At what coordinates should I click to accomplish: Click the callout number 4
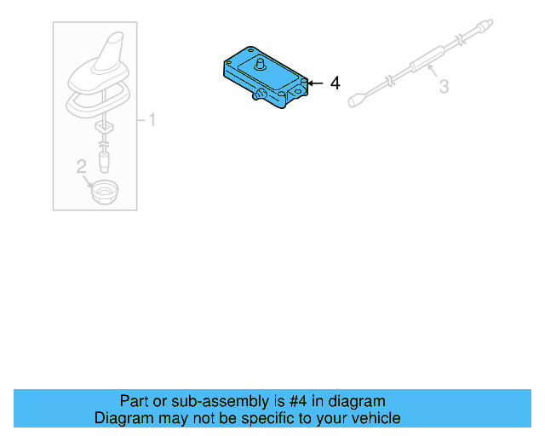[x=335, y=83]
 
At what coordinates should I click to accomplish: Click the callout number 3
[x=444, y=86]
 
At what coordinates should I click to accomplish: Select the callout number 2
[x=82, y=167]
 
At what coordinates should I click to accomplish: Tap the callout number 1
[x=152, y=119]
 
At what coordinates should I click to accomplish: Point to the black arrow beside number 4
[x=313, y=83]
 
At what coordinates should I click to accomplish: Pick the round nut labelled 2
[x=105, y=193]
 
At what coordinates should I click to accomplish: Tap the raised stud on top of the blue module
[x=261, y=65]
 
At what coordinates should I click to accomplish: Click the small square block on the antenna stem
[x=105, y=125]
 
